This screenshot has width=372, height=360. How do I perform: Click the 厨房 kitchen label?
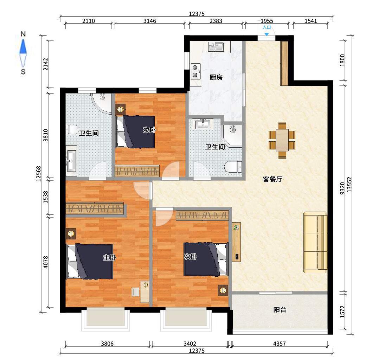pos(216,77)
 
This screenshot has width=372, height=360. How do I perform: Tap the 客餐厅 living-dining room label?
pos(272,179)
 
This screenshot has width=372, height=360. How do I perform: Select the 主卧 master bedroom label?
pos(109,257)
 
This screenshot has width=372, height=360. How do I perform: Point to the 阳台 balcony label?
pos(280,309)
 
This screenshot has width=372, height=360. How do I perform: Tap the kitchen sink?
pos(216,47)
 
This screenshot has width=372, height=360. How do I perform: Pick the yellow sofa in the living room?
pos(315,242)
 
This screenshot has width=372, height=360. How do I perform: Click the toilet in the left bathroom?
pos(73,129)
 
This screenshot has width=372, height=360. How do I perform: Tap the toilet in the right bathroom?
pos(233,167)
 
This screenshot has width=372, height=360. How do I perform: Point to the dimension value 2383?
pos(216,21)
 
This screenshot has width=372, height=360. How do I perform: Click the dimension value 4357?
pos(280,343)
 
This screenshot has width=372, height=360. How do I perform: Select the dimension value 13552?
pos(349,185)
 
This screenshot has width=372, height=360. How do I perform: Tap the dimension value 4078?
pos(46,262)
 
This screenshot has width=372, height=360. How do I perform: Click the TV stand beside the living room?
pos(236,242)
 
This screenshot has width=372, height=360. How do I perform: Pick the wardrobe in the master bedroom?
pos(95,209)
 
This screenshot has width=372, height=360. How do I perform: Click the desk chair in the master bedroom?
pos(135,292)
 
